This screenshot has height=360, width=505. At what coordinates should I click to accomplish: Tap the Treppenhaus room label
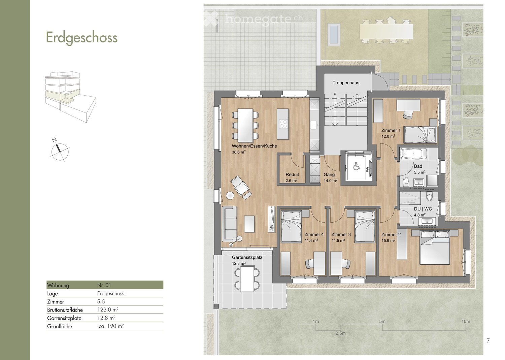pos(346,83)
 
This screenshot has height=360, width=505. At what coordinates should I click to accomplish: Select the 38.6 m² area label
pos(239,152)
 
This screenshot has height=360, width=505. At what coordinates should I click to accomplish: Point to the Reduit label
pos(292,174)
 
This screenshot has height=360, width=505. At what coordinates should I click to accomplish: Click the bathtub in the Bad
pos(413,154)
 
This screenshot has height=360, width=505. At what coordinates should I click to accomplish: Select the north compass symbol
pos(60,150)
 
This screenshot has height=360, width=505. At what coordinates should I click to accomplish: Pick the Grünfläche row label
pos(60,326)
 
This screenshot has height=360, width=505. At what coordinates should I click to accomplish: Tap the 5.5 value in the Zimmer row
pos(101,302)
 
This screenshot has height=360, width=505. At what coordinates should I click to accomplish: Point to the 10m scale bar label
pos(466,321)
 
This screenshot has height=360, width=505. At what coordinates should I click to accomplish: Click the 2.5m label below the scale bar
pos(340,333)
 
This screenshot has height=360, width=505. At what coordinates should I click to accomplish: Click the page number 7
pos(488,340)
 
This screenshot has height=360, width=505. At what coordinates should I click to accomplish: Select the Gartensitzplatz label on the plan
pos(247,257)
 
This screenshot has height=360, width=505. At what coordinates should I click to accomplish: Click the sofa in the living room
pos(230,224)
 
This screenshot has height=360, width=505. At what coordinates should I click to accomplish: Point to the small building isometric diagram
pos(71,97)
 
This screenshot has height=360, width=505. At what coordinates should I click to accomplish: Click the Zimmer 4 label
pos(314,235)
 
